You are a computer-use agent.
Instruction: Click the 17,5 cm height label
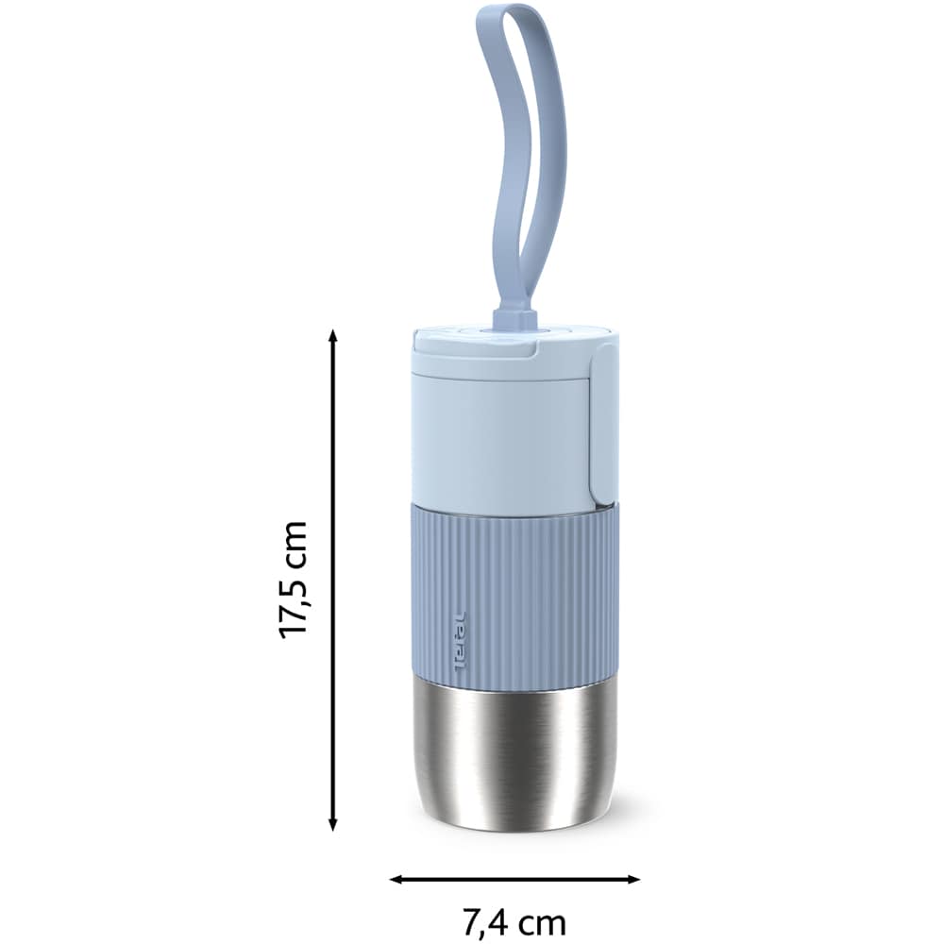(294, 580)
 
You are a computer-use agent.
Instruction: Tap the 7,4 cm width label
(514, 921)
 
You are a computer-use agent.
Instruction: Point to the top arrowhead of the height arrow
(333, 335)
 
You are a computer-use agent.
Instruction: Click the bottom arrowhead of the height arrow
(333, 825)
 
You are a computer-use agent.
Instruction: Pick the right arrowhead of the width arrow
(632, 880)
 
